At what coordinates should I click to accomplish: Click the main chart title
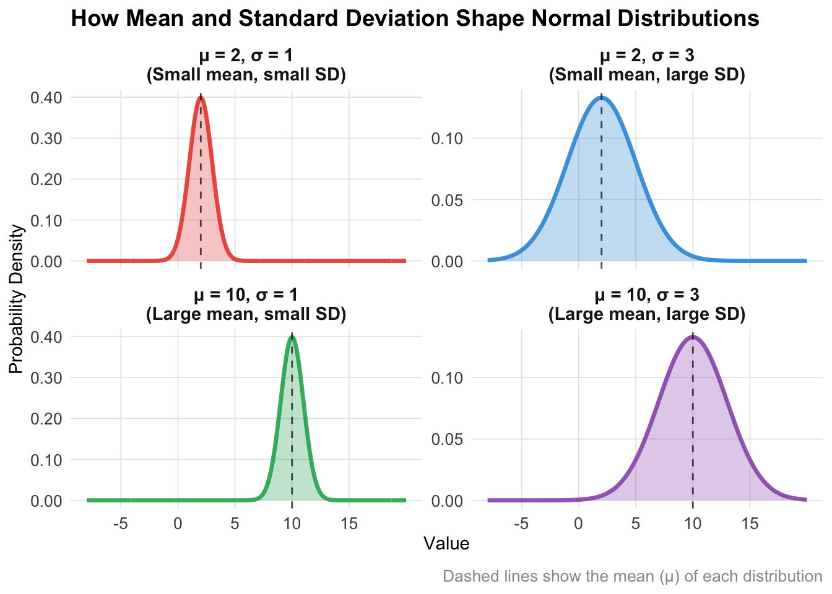pos(415,19)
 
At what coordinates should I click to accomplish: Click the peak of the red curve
pos(201,97)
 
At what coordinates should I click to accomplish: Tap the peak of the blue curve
pos(601,97)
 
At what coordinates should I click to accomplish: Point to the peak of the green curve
pos(292,337)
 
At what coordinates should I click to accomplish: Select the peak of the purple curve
pos(693,337)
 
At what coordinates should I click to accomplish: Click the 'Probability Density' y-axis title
pos(17,299)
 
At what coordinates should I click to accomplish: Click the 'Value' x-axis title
pos(446,544)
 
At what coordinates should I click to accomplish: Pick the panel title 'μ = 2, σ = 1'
pos(246,56)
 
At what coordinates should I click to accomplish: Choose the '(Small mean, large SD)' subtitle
pos(647,75)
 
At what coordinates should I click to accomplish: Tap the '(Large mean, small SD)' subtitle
pos(246,314)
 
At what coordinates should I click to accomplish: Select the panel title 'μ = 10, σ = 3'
pos(647,295)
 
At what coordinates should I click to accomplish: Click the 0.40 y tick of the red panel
pos(46,97)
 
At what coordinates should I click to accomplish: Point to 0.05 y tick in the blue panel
pos(448,200)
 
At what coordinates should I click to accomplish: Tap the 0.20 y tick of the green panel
pos(46,419)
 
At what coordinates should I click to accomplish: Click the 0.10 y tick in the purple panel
pos(448,377)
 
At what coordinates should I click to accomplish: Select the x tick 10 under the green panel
pos(292,524)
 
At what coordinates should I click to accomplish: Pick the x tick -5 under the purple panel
pos(521,524)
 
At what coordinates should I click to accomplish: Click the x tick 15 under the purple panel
pos(750,524)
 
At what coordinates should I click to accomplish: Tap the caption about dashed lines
pos(632,577)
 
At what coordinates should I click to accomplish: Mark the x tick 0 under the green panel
pos(178,524)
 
